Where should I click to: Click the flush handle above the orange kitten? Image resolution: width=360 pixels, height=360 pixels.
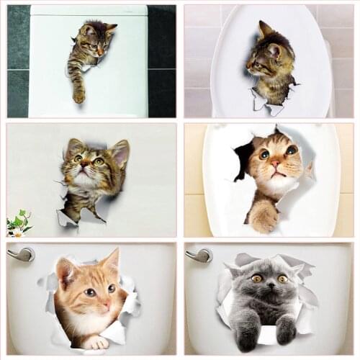(x=22, y=254)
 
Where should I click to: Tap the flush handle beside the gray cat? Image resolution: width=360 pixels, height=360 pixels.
(x=199, y=254)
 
